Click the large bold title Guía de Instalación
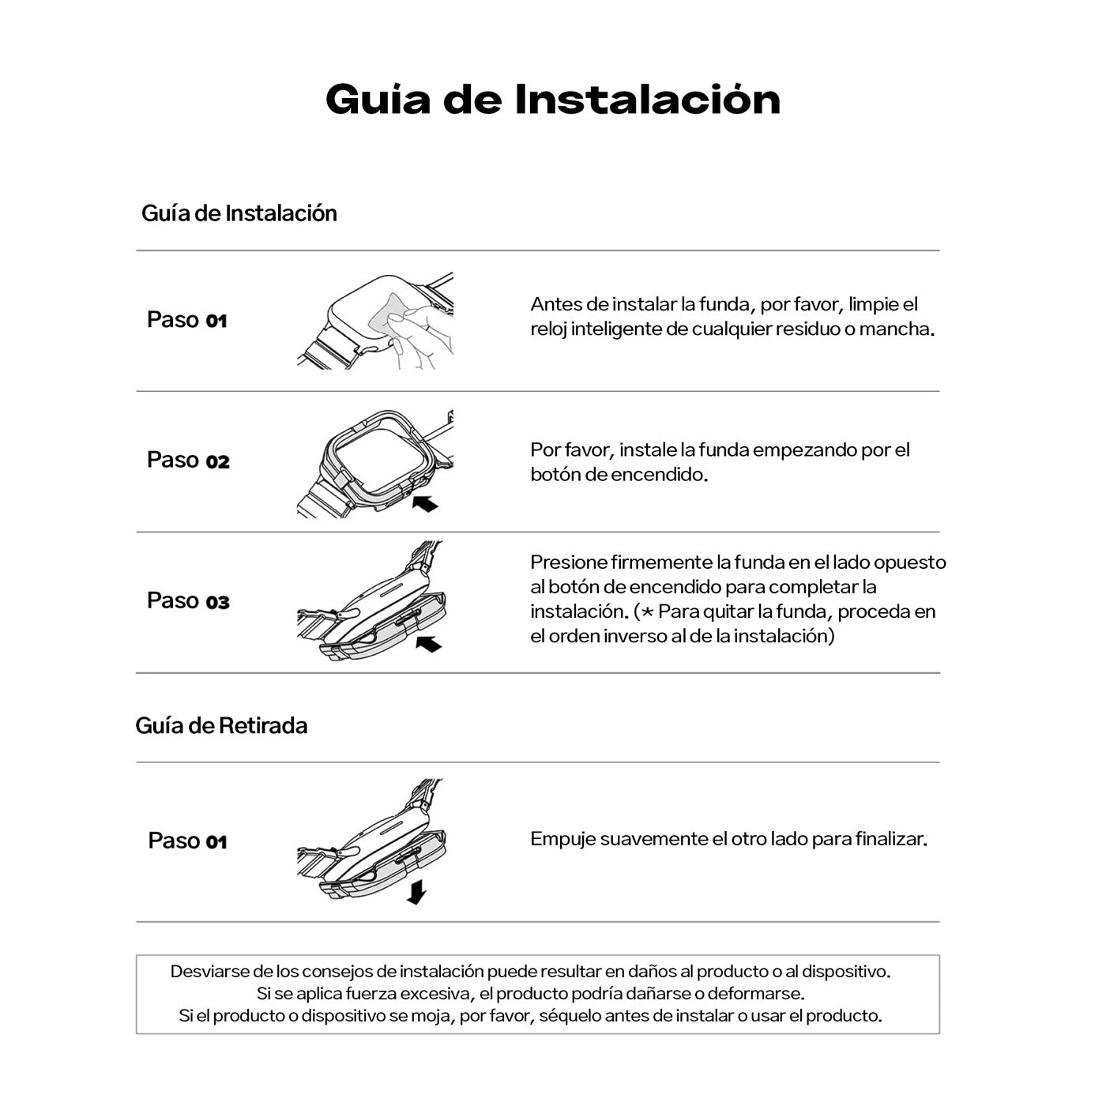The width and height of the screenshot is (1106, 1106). (553, 100)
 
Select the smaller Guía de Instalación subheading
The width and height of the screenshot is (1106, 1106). (239, 213)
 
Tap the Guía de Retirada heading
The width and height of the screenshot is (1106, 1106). (221, 725)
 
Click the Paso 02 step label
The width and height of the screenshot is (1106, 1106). (188, 460)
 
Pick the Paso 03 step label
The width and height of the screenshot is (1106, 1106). (188, 600)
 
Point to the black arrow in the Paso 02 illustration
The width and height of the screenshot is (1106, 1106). (425, 502)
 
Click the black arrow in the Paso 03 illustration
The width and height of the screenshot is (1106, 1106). (428, 644)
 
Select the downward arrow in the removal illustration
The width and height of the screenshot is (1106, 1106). (416, 893)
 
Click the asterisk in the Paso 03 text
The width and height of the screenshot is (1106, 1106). (647, 612)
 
